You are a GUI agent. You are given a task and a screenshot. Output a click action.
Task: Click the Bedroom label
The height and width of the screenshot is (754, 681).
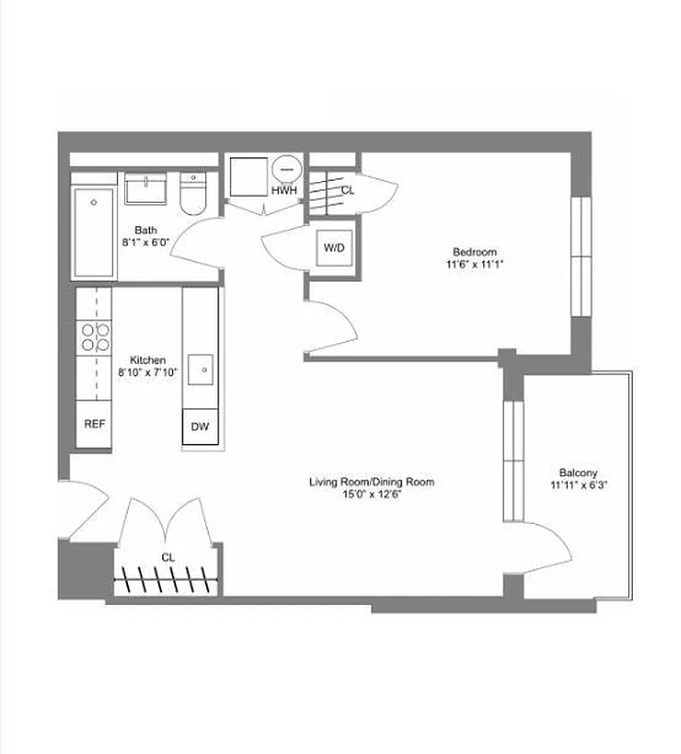coord(474,252)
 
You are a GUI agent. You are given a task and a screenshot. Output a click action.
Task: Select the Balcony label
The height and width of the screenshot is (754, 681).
coord(578,473)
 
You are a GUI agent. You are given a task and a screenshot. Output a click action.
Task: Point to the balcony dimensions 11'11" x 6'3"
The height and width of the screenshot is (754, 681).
coord(578,486)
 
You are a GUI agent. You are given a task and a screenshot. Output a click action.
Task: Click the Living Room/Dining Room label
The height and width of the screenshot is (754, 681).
coord(372,482)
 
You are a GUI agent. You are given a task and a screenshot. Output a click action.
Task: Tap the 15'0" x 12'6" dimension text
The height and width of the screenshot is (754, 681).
coord(372,494)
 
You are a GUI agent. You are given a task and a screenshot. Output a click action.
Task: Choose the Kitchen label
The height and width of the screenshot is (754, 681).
coord(148,360)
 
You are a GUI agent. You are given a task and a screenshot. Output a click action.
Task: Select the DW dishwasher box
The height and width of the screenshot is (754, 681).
coord(200,427)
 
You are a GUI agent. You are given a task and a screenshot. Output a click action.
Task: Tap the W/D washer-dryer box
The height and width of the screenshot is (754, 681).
coord(334,248)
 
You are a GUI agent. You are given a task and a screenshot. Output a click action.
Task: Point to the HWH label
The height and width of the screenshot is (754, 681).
coord(284,191)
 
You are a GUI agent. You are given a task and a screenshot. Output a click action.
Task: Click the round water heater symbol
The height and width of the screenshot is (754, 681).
coord(286,170)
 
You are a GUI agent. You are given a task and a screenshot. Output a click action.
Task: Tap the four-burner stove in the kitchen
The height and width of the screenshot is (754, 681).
coord(94,336)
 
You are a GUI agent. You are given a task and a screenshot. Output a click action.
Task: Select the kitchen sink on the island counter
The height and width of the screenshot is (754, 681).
coord(203,369)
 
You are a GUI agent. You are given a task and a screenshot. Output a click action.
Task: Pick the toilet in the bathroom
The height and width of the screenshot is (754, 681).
coord(193,195)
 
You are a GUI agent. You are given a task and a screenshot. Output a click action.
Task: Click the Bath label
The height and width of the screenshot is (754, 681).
coord(145,230)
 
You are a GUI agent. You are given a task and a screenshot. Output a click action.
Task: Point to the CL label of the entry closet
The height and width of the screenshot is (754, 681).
coord(168,557)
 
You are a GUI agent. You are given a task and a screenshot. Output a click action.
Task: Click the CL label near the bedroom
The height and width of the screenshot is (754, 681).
coord(348,190)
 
